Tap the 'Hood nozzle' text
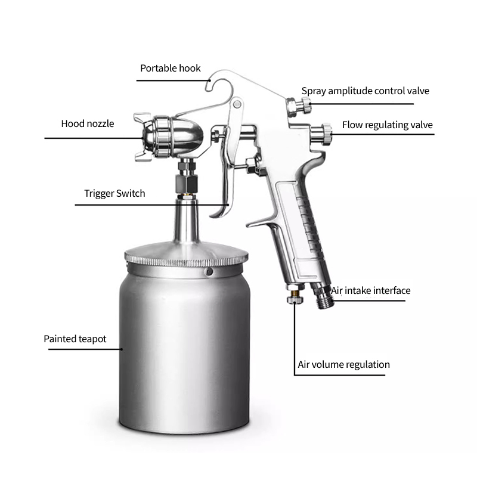[87, 124]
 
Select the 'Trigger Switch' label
[114, 193]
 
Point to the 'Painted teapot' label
[75, 339]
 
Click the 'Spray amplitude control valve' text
[365, 91]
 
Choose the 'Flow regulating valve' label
[387, 125]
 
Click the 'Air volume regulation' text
[343, 364]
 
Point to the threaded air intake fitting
[325, 296]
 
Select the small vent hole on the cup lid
[209, 272]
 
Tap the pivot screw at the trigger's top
[237, 105]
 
